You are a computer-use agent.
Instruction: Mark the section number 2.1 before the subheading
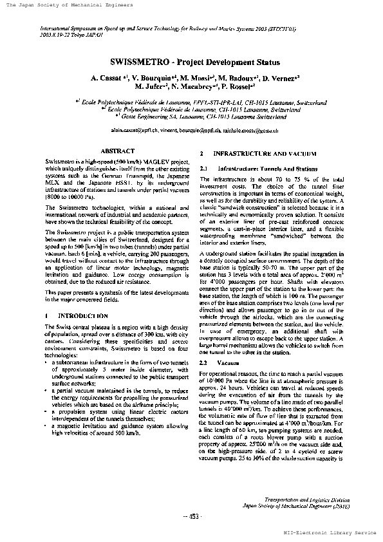[205, 169]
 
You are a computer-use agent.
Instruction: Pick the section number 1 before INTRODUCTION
[48, 316]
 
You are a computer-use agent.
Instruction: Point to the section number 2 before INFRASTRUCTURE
[203, 154]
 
